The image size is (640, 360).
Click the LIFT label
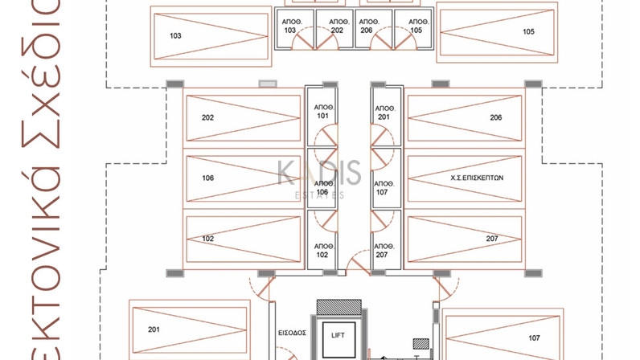pos(337,335)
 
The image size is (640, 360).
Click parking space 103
pos(209,36)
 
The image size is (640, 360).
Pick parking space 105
pos(496,32)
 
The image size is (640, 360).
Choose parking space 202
pos(243,118)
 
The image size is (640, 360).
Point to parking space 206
pos(465,118)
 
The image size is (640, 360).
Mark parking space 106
pos(243,178)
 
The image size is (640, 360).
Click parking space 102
pos(243,239)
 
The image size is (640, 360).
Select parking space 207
pos(465,239)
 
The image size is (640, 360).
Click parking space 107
pos(502,337)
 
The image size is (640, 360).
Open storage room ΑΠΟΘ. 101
pos(322,112)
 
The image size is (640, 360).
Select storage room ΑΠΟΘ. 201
pos(385,112)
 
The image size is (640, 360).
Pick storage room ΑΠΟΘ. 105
pos(415,27)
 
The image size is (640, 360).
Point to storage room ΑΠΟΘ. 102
pos(322,250)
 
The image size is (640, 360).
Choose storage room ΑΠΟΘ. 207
pos(385,250)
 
